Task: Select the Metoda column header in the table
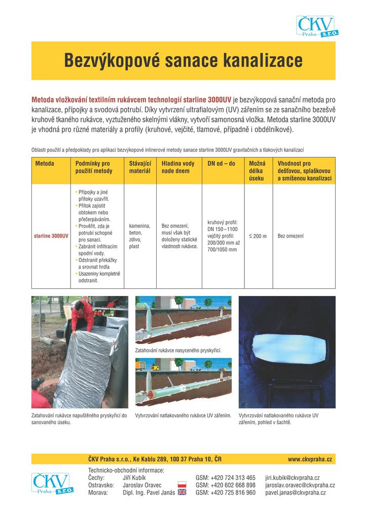(45, 164)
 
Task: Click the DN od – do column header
(222, 164)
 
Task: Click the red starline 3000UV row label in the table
(51, 236)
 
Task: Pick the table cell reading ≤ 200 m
(258, 236)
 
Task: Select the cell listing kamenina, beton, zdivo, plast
(140, 236)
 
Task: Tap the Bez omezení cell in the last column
(290, 236)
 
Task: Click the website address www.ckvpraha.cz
(310, 459)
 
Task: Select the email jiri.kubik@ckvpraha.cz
(292, 478)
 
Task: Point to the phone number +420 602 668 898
(225, 485)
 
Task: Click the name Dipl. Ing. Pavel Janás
(149, 493)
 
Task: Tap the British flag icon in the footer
(182, 493)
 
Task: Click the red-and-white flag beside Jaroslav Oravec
(182, 485)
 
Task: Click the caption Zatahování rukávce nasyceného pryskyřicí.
(178, 350)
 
